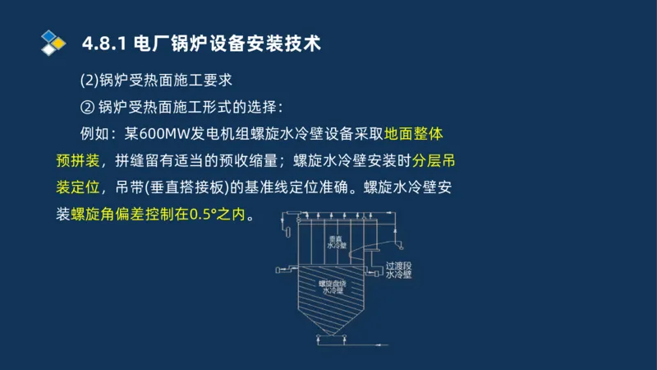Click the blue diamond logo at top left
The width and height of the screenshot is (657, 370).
pos(53,40)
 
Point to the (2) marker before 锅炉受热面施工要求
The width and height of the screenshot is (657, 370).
pos(89,81)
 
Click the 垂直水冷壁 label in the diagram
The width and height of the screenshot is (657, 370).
pos(338,243)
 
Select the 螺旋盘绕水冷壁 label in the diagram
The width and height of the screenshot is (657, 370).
pos(333,288)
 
